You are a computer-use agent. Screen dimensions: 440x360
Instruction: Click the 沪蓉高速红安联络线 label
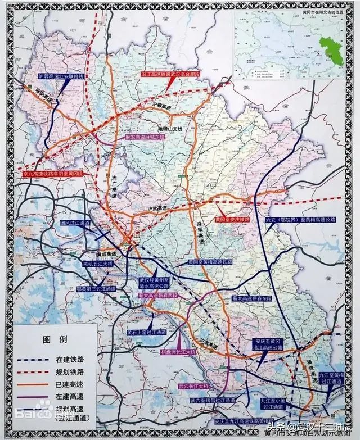61,75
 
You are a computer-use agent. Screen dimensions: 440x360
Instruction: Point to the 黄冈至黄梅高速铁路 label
210,262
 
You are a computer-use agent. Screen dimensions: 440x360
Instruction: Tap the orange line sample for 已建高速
33,382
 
